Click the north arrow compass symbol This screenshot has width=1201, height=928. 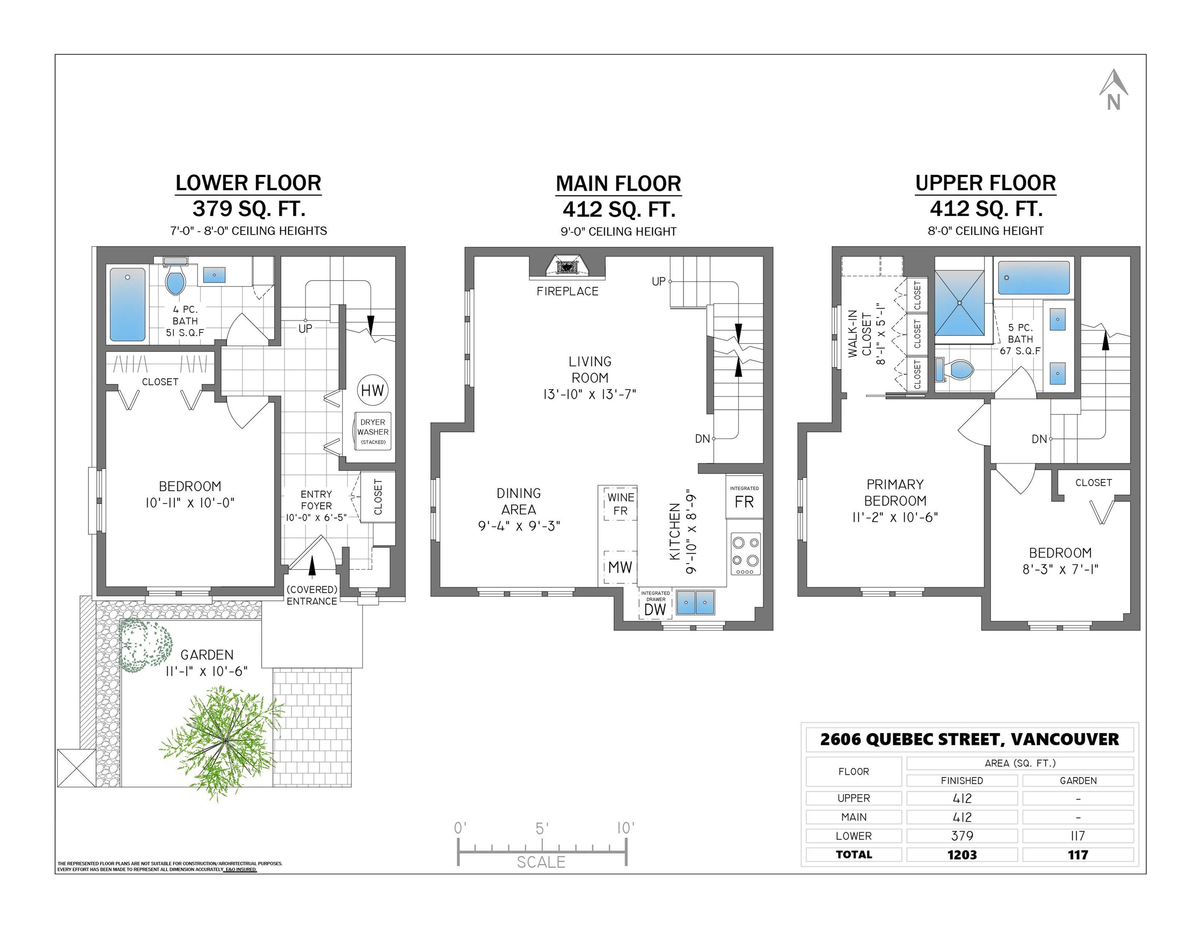(1113, 91)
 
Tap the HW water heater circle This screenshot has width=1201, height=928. (372, 390)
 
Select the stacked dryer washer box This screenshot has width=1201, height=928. (373, 431)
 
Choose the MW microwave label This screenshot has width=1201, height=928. (620, 567)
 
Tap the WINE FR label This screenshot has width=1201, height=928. (620, 504)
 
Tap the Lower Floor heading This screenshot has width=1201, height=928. (248, 183)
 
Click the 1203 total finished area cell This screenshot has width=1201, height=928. (962, 854)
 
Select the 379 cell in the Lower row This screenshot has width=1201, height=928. (962, 836)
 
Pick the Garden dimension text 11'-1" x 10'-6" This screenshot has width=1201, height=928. (207, 671)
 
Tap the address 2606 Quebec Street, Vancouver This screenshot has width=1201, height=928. (969, 739)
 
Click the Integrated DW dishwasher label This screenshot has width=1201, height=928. (655, 606)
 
